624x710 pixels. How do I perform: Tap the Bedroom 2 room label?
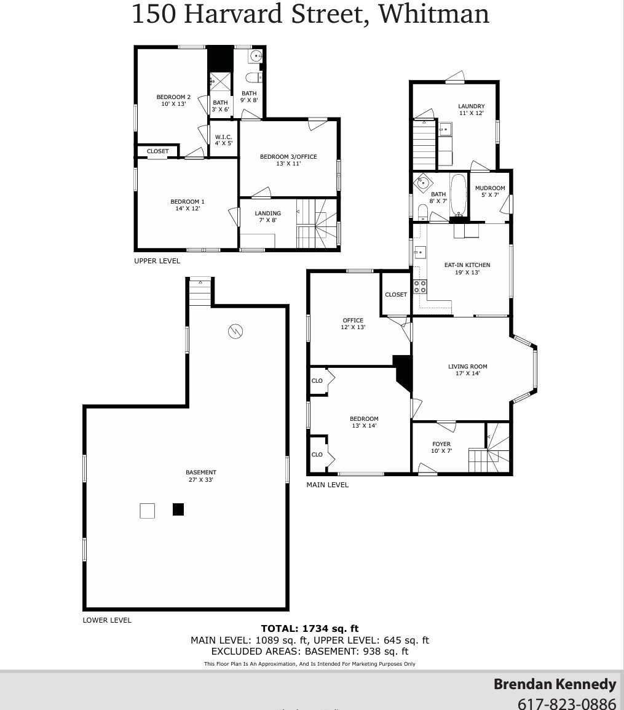pos(173,100)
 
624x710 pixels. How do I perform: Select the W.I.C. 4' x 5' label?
pos(223,140)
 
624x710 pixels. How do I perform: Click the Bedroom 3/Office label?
pos(288,160)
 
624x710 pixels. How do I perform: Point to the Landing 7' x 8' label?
pos(267,217)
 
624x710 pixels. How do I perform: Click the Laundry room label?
pos(472,110)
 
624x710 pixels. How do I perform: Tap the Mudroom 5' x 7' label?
pos(490,191)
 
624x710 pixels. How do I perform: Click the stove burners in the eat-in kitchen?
pos(420,286)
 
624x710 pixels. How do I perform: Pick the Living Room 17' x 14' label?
pos(467,370)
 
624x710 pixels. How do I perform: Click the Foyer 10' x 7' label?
pos(441,447)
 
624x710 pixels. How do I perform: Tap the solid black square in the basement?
pos(178,509)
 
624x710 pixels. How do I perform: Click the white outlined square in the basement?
pos(147,511)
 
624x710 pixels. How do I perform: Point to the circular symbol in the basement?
pos(235,332)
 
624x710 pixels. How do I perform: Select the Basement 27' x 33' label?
pos(200,476)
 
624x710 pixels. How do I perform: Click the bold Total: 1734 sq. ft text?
pos(310,628)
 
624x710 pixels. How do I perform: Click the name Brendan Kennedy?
pos(555,684)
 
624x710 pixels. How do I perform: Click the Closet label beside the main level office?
pos(396,295)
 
